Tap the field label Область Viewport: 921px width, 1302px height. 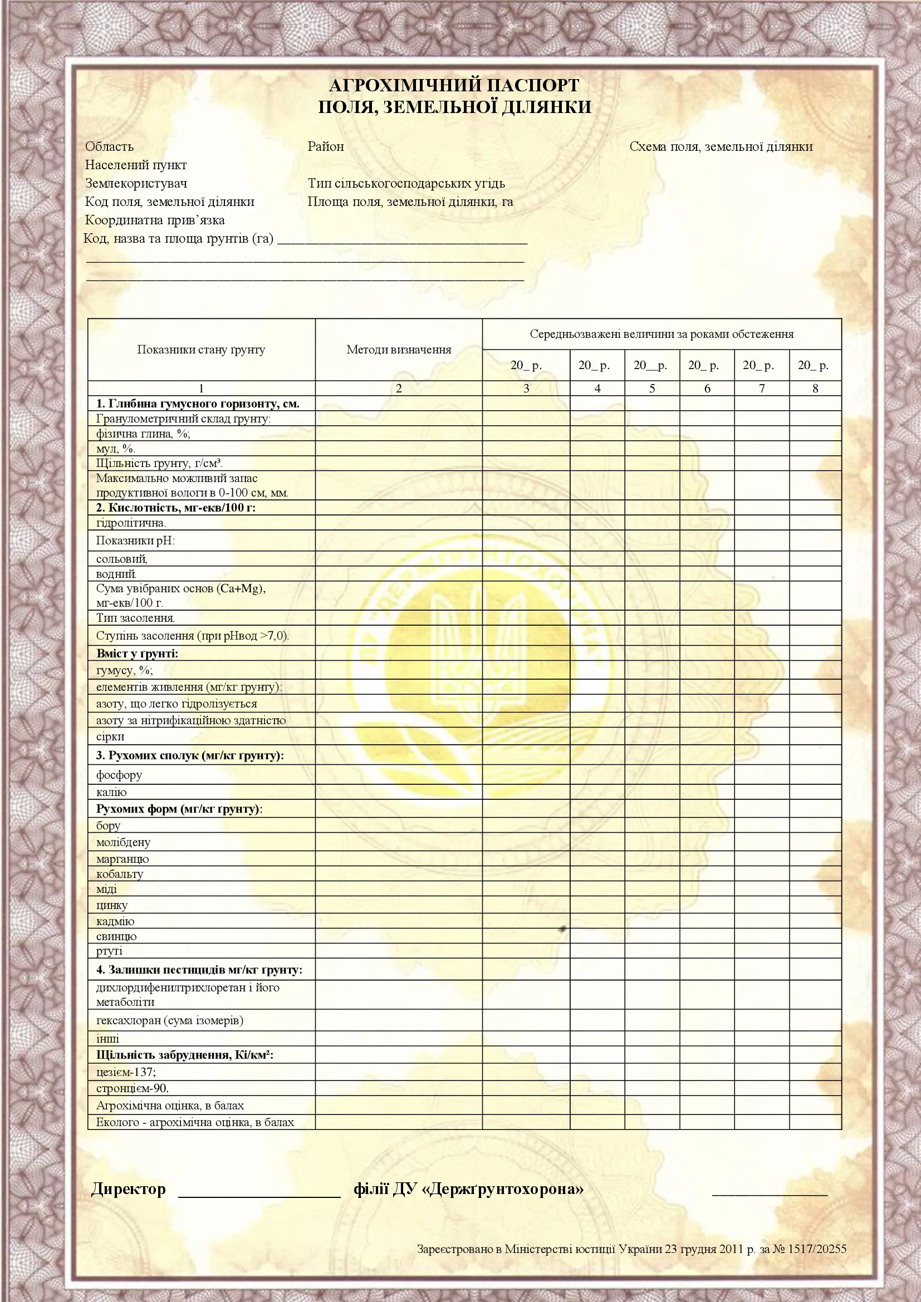(110, 146)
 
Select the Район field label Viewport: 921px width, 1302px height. (326, 146)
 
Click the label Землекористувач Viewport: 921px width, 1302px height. (136, 183)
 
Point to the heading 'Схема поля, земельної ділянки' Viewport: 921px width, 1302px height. (721, 146)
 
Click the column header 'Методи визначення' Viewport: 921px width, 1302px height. (399, 350)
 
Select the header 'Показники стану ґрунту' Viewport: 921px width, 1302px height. (201, 350)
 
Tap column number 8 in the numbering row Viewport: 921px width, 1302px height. (815, 389)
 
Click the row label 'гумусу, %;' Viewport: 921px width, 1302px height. (125, 670)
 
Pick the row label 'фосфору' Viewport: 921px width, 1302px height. (119, 775)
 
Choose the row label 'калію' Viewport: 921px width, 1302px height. (112, 792)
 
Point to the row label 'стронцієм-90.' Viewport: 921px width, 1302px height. (133, 1088)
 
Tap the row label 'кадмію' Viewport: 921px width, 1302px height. (115, 921)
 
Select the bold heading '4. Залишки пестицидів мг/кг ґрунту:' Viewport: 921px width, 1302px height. (199, 970)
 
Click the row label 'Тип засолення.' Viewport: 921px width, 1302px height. (135, 618)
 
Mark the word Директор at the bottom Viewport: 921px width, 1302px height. (129, 1189)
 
